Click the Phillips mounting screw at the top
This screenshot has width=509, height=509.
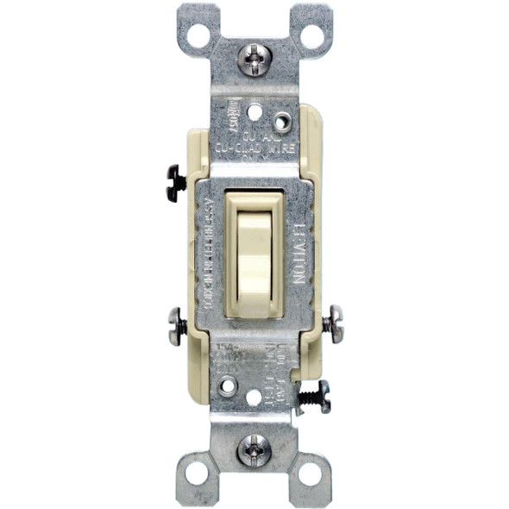(254, 59)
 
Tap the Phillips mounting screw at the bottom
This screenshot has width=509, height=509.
(254, 449)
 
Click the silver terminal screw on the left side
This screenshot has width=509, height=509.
(176, 325)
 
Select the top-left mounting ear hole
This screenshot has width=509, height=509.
(197, 35)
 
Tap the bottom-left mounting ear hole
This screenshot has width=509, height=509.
(197, 472)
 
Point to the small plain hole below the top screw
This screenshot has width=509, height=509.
(254, 111)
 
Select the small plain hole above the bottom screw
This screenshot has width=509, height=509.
(254, 398)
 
